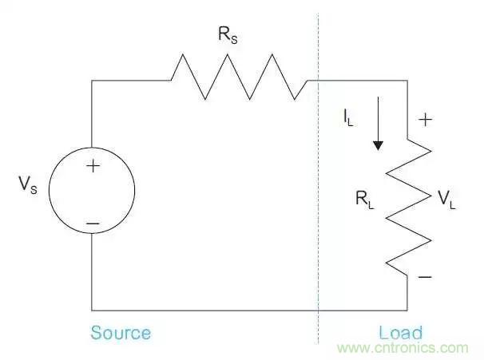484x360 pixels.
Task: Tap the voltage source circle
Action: pyautogui.click(x=93, y=196)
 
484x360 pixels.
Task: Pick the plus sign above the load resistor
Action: pyautogui.click(x=426, y=121)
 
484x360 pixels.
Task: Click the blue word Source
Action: pyautogui.click(x=121, y=332)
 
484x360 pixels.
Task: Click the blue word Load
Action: pyautogui.click(x=400, y=332)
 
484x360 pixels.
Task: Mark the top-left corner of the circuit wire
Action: pyautogui.click(x=93, y=80)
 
